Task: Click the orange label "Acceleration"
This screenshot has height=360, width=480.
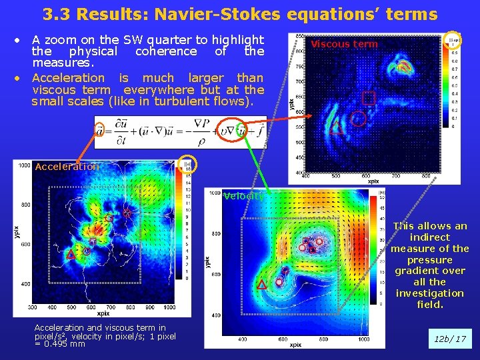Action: click(x=67, y=167)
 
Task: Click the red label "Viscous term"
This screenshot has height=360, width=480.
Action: click(x=344, y=44)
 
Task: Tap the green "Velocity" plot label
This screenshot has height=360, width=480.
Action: click(x=243, y=196)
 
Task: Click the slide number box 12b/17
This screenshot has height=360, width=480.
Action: click(x=451, y=339)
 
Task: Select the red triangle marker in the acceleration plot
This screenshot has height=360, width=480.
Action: click(x=70, y=254)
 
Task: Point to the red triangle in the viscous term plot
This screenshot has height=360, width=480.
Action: click(x=337, y=129)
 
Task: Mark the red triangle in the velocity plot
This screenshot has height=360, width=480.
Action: click(x=261, y=285)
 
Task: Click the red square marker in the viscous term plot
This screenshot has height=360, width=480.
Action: click(x=368, y=99)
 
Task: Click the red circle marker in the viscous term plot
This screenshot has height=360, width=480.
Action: click(x=359, y=119)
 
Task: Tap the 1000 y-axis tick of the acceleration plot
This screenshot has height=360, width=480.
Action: click(x=24, y=165)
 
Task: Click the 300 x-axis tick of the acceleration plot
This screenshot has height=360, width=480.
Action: click(x=34, y=307)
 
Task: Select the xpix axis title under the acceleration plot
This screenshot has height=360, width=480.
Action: click(x=103, y=313)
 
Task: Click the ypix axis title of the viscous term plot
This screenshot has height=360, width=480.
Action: click(x=291, y=103)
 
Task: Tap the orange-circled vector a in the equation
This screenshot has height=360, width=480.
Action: click(x=99, y=129)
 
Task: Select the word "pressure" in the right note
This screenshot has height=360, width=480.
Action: click(x=430, y=260)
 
